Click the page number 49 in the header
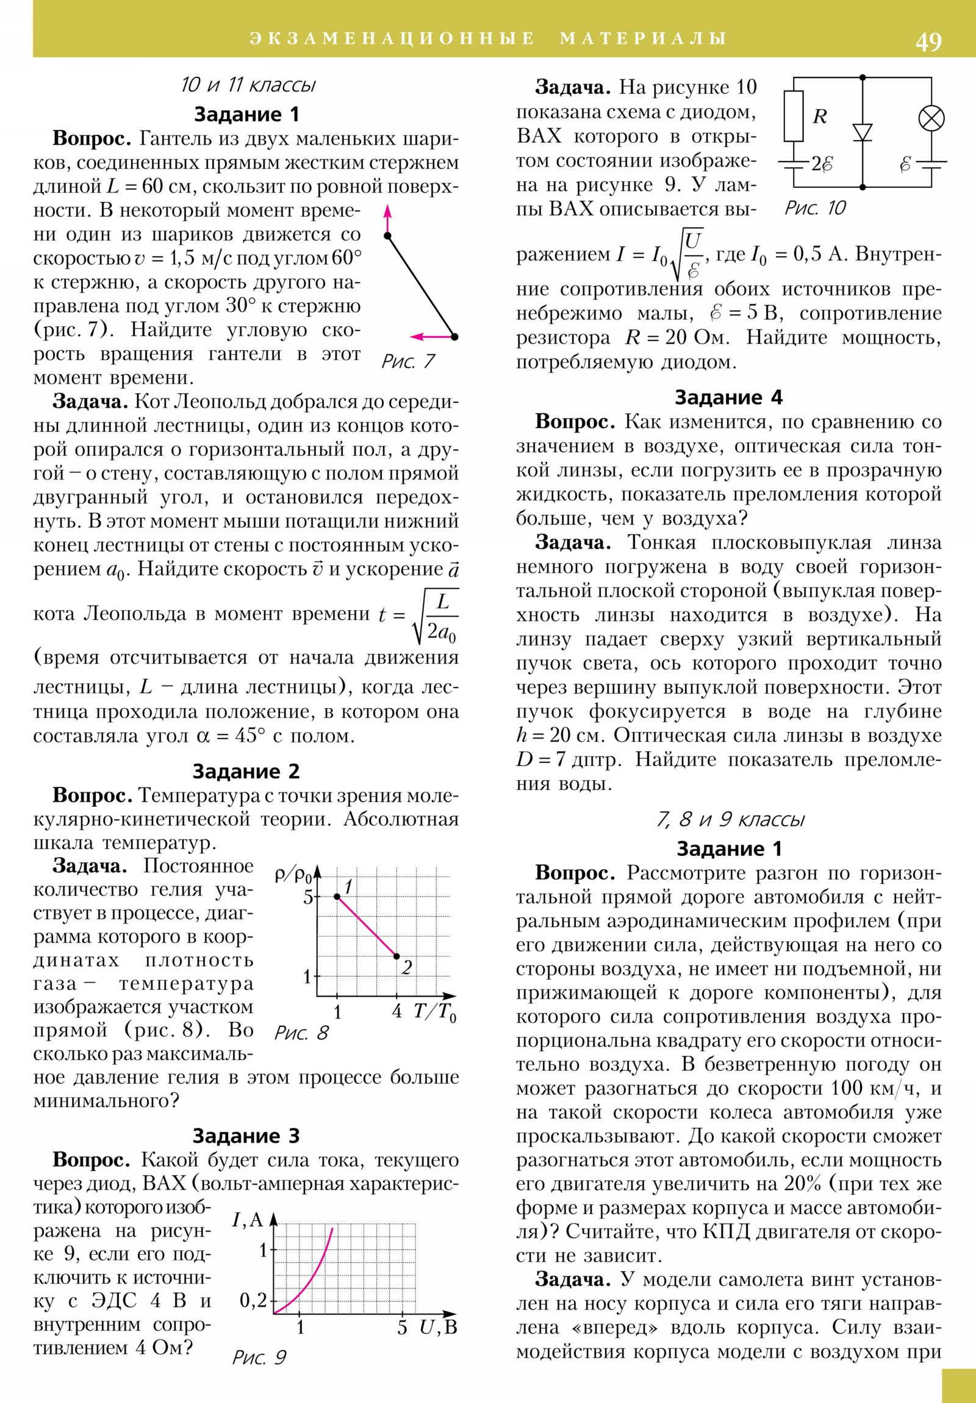point(928,41)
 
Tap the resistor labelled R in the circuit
point(793,116)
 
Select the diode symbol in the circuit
point(863,132)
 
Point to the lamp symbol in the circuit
point(931,118)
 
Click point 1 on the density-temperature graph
point(337,897)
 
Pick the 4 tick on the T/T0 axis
point(397,1011)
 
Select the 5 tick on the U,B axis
point(402,1327)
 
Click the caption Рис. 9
point(259,1358)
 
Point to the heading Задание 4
point(728,398)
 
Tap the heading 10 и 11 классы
point(248,85)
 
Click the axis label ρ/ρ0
point(293,875)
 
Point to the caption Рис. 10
point(816,209)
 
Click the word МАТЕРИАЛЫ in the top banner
point(643,38)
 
